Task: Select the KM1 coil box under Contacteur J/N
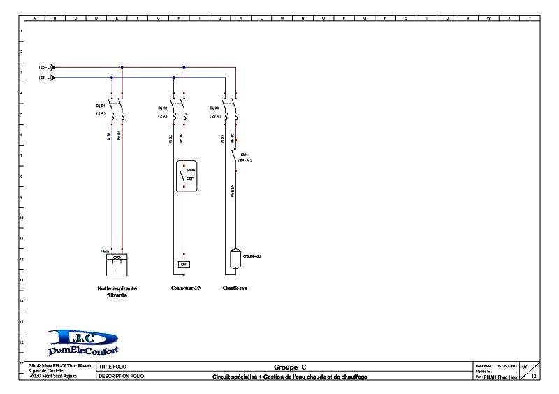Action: [184, 265]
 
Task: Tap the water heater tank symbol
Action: [235, 258]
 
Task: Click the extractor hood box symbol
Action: [117, 264]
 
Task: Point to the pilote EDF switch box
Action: [184, 176]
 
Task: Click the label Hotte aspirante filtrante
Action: [117, 291]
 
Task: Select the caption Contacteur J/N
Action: [186, 288]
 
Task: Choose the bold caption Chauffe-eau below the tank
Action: [234, 288]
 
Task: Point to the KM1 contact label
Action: [245, 156]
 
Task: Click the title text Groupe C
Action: [289, 367]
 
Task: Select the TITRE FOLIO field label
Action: [112, 367]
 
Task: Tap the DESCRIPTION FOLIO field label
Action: [121, 377]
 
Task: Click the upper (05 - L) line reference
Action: [43, 67]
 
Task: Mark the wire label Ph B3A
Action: [232, 190]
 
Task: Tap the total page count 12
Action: [534, 377]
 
